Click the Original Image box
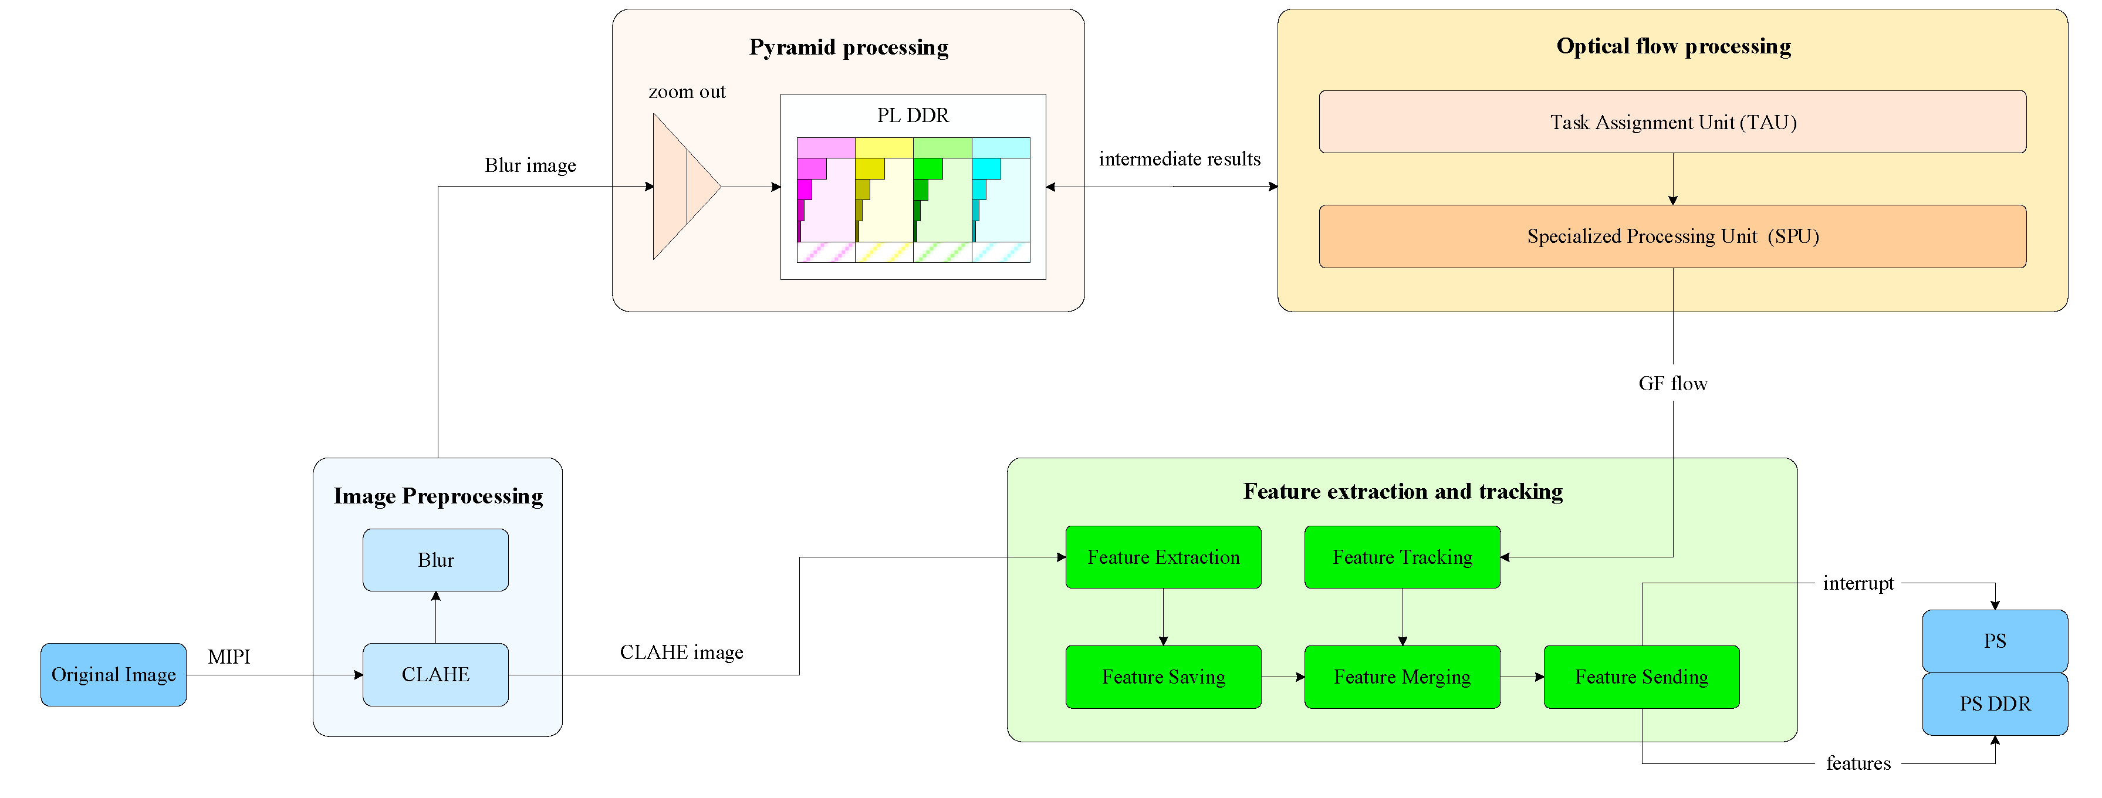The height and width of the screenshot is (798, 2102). coord(113,675)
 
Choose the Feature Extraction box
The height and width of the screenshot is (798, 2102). coord(1163,557)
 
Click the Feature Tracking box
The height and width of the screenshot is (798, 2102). coord(1402,557)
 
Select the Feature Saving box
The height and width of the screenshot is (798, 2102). coord(1163,677)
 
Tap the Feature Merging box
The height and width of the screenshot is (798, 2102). coord(1402,677)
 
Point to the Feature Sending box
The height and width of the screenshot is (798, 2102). coord(1641,677)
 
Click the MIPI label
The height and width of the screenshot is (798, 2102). coord(228,657)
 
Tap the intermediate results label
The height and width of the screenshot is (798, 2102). coord(1179,159)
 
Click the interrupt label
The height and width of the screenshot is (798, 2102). coord(1857,583)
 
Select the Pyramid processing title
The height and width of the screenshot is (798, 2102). coord(849,48)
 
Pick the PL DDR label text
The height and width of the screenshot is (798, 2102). coord(913,116)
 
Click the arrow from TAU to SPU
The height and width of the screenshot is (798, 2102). coord(1673,180)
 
